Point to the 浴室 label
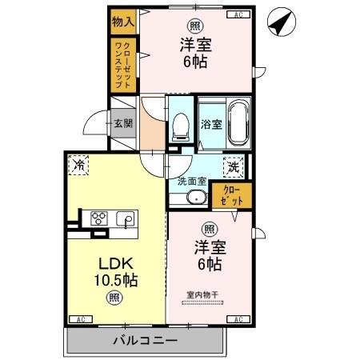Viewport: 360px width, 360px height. pos(210,124)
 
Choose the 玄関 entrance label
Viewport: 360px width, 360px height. pos(122,123)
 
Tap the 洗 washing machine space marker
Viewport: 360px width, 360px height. pos(233,167)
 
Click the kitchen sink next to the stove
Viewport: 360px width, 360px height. pos(125,218)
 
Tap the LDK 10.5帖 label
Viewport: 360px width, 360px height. pos(114,272)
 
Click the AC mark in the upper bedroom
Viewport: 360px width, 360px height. pos(238,14)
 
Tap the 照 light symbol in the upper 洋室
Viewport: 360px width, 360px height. pos(194,25)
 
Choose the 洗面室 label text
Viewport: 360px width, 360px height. pos(192,180)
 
